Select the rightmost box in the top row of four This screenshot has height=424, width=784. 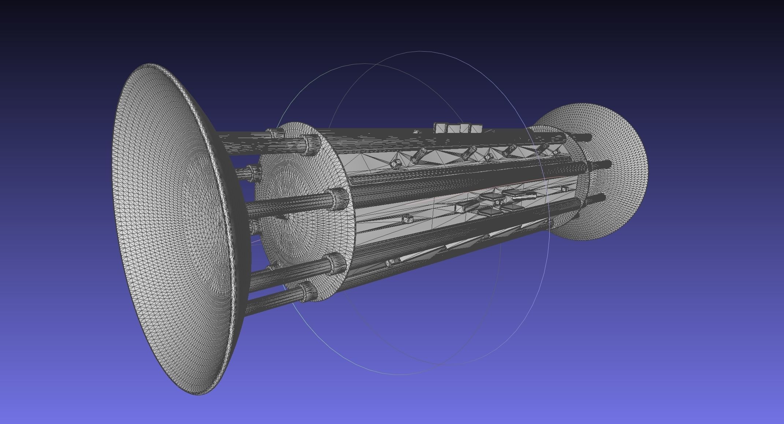475,129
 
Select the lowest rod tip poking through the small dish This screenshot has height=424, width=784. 601,199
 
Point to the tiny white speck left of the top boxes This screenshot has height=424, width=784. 416,131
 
